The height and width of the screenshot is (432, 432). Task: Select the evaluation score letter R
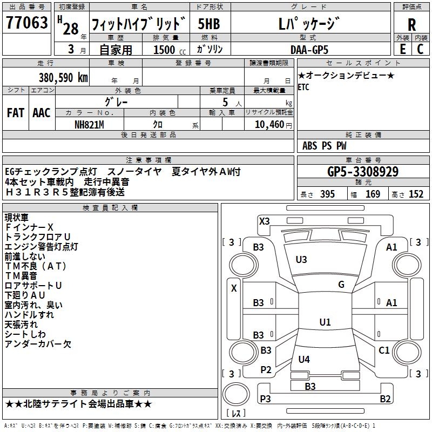tap(411, 24)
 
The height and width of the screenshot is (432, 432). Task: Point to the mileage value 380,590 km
tap(63, 77)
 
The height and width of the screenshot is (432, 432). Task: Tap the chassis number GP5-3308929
tap(363, 172)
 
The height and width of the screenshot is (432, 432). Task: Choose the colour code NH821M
tap(89, 125)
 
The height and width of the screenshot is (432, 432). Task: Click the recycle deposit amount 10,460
tap(268, 125)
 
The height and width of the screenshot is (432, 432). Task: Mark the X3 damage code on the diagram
tap(264, 221)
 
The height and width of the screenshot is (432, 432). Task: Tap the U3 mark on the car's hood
tap(301, 260)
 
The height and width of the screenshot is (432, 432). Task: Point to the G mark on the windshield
tap(341, 285)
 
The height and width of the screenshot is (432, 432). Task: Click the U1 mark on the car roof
tap(325, 322)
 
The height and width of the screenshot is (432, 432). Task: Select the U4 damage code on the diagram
tap(304, 359)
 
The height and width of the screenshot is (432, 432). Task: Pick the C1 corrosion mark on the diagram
tap(384, 350)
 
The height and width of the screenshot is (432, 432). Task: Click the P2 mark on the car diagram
tap(266, 369)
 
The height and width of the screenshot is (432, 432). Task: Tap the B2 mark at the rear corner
tap(385, 399)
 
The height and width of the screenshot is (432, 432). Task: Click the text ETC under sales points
tap(303, 88)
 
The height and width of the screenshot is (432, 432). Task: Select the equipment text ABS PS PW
tap(325, 146)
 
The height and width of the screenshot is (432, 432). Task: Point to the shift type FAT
tap(16, 113)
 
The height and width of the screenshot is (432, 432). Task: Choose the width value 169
tap(373, 194)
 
